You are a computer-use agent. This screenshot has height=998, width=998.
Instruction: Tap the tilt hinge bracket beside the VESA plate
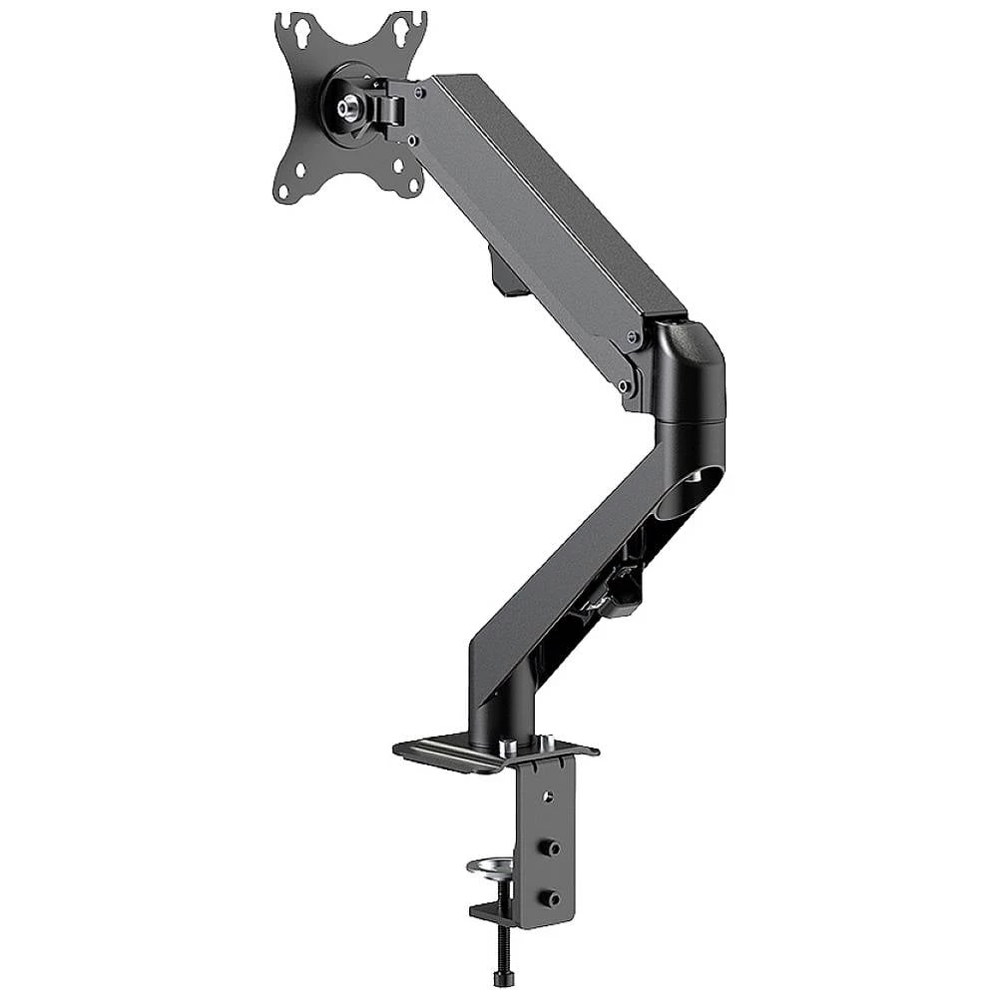tap(390, 104)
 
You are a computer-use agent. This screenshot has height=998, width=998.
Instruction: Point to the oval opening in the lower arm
tap(689, 495)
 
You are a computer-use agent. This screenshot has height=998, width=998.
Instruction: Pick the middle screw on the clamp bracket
tap(550, 846)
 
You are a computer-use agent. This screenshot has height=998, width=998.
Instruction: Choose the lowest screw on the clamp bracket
tap(550, 898)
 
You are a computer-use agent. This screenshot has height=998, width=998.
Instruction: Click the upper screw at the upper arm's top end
tap(420, 92)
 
